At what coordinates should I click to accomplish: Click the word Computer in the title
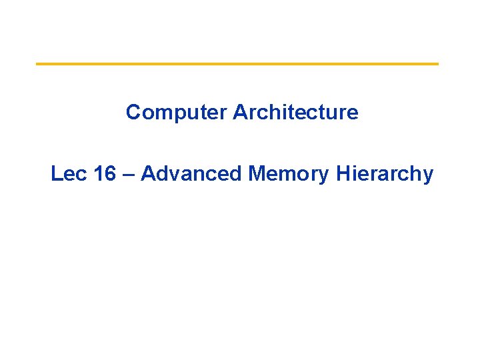pyautogui.click(x=176, y=113)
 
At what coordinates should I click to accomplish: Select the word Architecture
pyautogui.click(x=295, y=112)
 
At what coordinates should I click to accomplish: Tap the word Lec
pyautogui.click(x=68, y=173)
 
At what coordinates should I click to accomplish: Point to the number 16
pyautogui.click(x=105, y=173)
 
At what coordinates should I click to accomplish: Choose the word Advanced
pyautogui.click(x=191, y=173)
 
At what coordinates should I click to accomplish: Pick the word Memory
pyautogui.click(x=289, y=175)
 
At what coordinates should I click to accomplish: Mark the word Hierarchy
pyautogui.click(x=385, y=175)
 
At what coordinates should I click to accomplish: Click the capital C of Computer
pyautogui.click(x=134, y=112)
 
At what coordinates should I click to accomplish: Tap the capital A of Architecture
pyautogui.click(x=241, y=112)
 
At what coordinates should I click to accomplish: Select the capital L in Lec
pyautogui.click(x=56, y=173)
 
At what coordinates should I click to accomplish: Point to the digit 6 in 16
pyautogui.click(x=111, y=173)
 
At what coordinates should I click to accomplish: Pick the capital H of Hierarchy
pyautogui.click(x=343, y=173)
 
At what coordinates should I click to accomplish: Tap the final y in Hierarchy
pyautogui.click(x=428, y=177)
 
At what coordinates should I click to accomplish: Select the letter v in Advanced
pyautogui.click(x=175, y=175)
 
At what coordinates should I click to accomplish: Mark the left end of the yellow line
pyautogui.click(x=36, y=64)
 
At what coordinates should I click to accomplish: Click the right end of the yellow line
pyautogui.click(x=439, y=64)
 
